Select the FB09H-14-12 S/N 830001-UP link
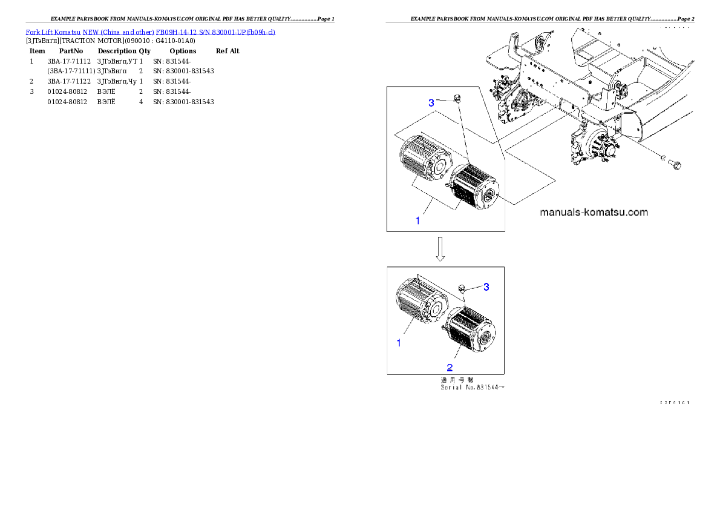pos(215,32)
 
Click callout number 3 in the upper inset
pos(431,103)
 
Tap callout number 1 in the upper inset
pos(417,221)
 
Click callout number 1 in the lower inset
pos(399,343)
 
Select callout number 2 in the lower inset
pos(449,367)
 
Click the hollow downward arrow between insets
pos(441,249)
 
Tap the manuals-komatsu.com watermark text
pos(594,213)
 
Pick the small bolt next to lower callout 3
pos(462,288)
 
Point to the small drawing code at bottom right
pos(675,402)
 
